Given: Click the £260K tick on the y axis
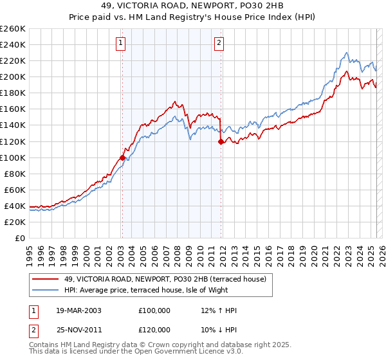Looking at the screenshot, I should pyautogui.click(x=13, y=29).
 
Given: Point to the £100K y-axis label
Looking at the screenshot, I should pyautogui.click(x=13, y=157).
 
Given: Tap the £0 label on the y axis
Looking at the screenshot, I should pyautogui.click(x=19, y=238).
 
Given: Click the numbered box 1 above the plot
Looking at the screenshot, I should pyautogui.click(x=121, y=43).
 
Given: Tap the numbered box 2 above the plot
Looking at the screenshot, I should pyautogui.click(x=219, y=43).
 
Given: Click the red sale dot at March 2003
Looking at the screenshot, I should pyautogui.click(x=122, y=157).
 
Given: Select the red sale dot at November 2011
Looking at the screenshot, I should pyautogui.click(x=221, y=141).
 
